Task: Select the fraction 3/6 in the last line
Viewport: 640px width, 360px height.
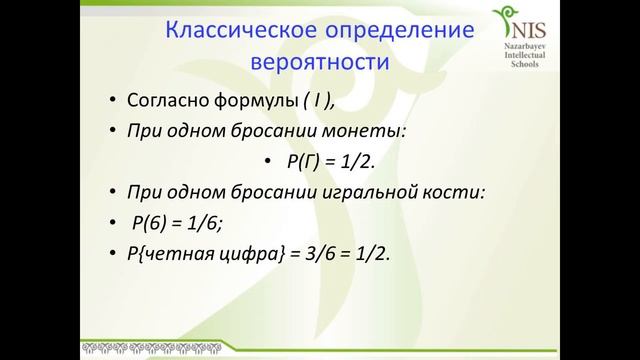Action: (x=309, y=255)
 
